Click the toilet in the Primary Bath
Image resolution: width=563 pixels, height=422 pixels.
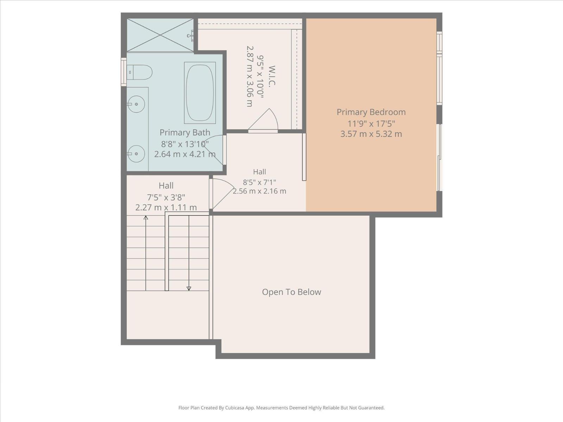[140, 72]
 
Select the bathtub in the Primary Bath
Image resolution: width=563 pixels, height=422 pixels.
[200, 92]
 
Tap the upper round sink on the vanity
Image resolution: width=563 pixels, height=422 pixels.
[136, 104]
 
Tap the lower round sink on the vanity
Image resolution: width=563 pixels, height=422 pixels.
[136, 154]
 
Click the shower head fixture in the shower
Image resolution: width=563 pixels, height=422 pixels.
[191, 36]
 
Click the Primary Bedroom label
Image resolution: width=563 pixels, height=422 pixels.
[371, 112]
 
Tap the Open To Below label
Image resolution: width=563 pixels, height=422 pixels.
[291, 292]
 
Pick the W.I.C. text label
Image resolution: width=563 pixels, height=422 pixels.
[272, 76]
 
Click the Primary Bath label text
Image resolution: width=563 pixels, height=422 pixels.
[185, 132]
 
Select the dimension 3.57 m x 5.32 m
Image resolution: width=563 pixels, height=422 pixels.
[371, 134]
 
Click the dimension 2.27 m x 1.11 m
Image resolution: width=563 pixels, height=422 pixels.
[166, 207]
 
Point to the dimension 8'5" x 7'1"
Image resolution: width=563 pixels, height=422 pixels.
[259, 183]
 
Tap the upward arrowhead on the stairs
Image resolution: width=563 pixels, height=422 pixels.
[146, 218]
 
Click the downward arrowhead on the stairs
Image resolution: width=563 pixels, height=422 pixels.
[189, 288]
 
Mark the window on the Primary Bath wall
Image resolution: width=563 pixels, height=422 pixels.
[124, 72]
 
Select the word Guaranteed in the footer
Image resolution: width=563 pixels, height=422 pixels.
[372, 408]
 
